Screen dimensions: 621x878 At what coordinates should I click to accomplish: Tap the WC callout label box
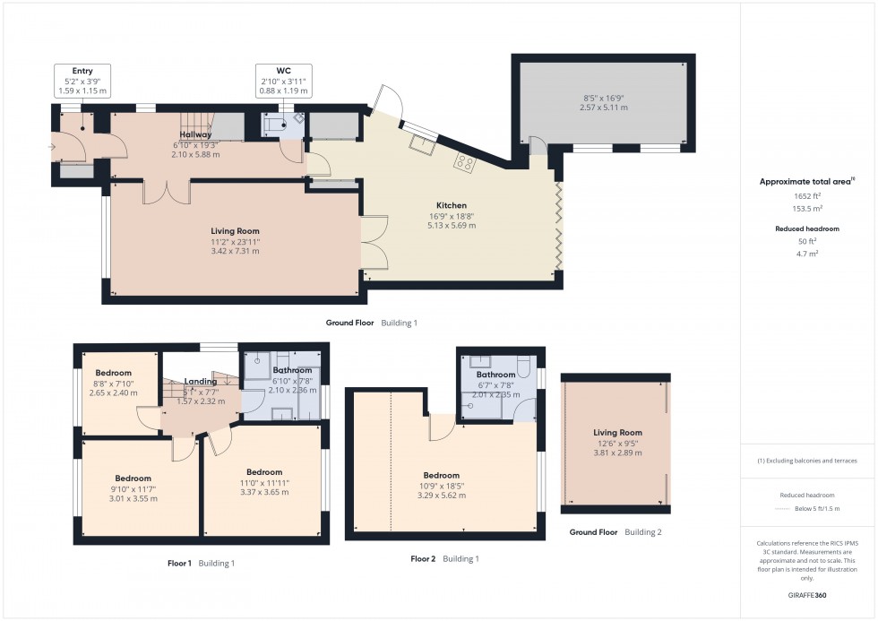[x=283, y=81]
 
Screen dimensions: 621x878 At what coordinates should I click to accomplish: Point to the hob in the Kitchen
[x=466, y=162]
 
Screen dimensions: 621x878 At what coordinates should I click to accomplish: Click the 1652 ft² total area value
[x=807, y=195]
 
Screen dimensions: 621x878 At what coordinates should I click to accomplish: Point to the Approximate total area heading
[x=805, y=181]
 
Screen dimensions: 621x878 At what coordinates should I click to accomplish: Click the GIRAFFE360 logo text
[x=807, y=593]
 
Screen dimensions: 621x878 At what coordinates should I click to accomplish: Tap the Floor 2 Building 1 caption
[x=444, y=559]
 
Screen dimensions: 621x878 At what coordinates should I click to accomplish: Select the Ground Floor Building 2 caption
[x=616, y=532]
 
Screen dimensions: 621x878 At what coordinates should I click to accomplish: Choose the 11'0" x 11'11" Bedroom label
[x=264, y=472]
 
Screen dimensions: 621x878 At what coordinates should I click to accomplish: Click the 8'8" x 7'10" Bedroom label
[x=114, y=373]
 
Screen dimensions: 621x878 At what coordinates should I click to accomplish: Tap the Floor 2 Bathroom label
[x=495, y=375]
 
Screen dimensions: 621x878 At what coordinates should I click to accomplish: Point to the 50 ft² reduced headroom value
[x=807, y=242]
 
